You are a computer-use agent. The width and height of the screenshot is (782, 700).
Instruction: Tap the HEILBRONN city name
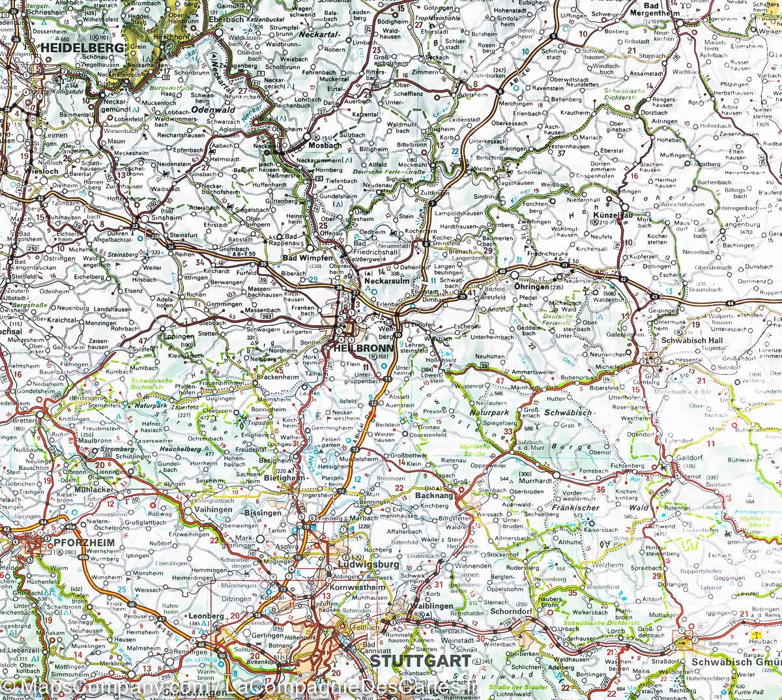point(362,349)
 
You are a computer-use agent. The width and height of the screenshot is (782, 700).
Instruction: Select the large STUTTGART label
point(420,662)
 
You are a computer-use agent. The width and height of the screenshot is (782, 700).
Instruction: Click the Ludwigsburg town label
point(369,564)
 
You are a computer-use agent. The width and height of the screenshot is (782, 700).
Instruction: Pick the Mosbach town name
point(324,145)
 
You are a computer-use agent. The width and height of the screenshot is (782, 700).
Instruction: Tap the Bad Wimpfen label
point(304,257)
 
